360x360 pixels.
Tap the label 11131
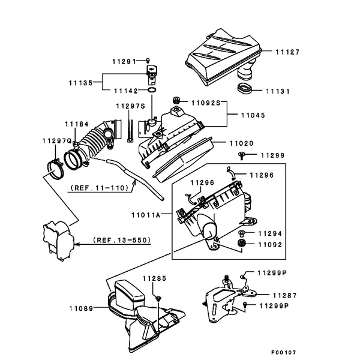click(278, 91)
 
